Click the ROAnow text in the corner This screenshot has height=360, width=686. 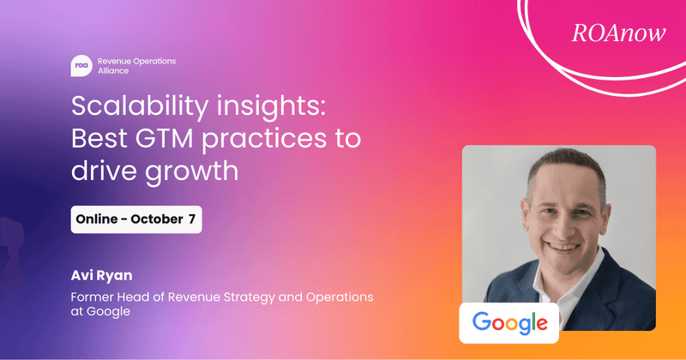tap(608, 33)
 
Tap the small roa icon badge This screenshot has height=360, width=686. tap(81, 67)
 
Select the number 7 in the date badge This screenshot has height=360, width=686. tap(192, 219)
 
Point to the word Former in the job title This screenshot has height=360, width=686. tap(93, 297)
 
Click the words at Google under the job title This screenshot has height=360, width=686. tap(100, 312)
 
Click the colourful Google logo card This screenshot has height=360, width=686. tap(509, 323)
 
